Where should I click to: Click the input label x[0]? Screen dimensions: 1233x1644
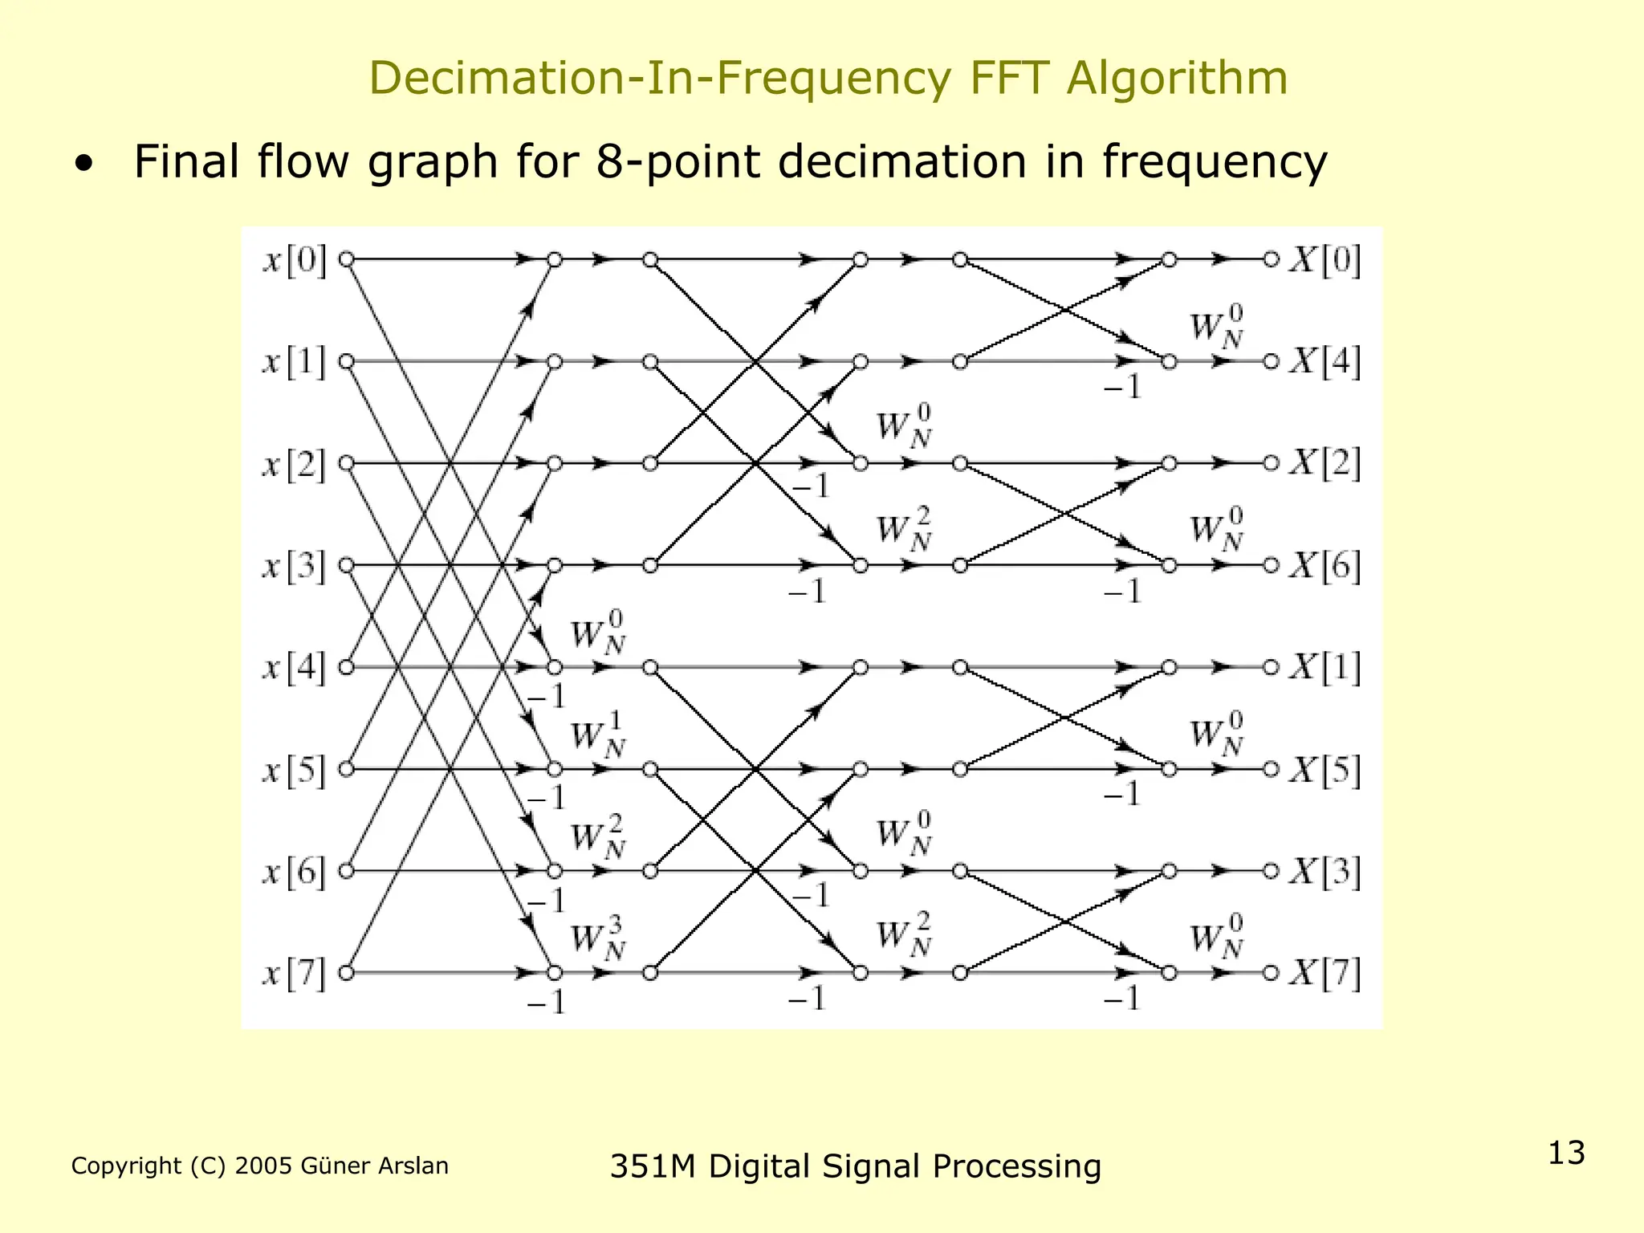(295, 261)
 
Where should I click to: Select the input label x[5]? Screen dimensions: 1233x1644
(295, 771)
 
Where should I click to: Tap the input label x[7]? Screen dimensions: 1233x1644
(295, 975)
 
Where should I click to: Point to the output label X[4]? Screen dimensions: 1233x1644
(1325, 363)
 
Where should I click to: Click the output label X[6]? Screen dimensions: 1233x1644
(1325, 567)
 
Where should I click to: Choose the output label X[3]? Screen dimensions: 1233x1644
(1325, 873)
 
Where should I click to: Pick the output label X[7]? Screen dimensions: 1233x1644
(1325, 975)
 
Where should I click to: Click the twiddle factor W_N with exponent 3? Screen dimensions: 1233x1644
(598, 942)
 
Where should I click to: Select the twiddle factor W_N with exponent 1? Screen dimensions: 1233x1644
(598, 739)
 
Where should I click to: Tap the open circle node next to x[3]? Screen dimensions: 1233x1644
(346, 566)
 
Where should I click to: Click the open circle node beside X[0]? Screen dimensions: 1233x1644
(1271, 260)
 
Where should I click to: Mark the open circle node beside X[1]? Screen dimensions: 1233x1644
(1271, 667)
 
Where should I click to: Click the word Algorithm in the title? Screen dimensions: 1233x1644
(1177, 78)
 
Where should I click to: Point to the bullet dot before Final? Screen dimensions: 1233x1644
(83, 165)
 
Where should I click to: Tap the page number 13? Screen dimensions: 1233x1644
(1566, 1153)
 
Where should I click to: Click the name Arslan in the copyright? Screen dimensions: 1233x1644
(413, 1166)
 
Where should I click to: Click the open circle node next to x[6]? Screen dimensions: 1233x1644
(346, 871)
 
